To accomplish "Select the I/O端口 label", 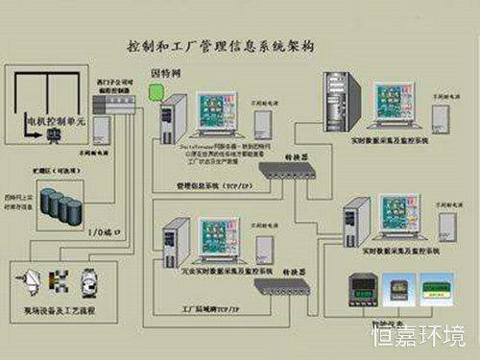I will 97,230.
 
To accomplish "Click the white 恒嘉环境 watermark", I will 418,337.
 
